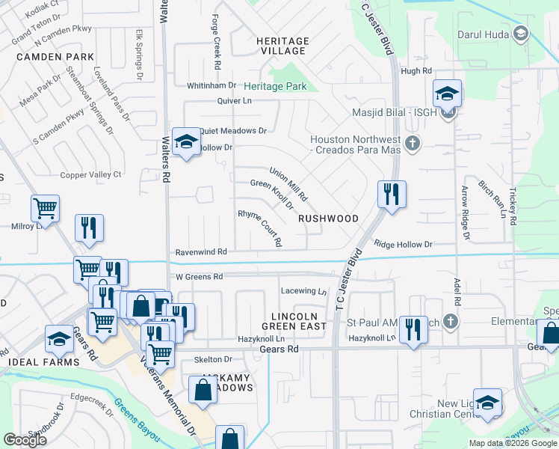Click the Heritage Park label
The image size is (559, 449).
coord(274,87)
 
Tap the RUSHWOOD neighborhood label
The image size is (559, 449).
coord(328,219)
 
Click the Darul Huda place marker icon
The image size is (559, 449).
coord(521,34)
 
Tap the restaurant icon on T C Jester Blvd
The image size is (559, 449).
coord(392,195)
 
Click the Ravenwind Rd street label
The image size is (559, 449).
coord(201,253)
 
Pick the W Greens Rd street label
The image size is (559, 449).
coord(200,277)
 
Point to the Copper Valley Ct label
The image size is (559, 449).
coord(90,174)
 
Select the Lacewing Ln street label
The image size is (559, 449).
coord(304,291)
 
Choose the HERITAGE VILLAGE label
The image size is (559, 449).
coord(272,46)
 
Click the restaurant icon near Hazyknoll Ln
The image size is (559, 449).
coord(413,330)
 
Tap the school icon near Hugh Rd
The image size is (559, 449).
coord(447,94)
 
